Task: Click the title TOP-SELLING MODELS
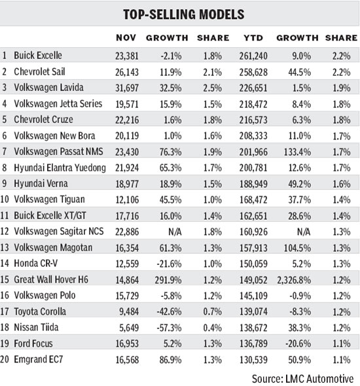179,14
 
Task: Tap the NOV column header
126,38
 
